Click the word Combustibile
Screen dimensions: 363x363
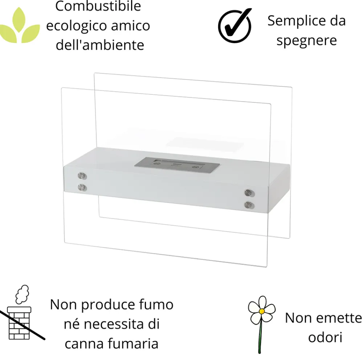click(x=98, y=6)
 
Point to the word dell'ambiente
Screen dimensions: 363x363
click(x=100, y=45)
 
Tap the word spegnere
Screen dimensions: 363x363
click(x=306, y=40)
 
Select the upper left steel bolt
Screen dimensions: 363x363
click(x=83, y=177)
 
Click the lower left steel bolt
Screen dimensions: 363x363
click(x=83, y=187)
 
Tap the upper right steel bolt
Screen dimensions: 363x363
click(x=249, y=193)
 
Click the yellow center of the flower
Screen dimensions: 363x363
click(x=261, y=311)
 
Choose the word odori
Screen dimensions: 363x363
click(x=325, y=337)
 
